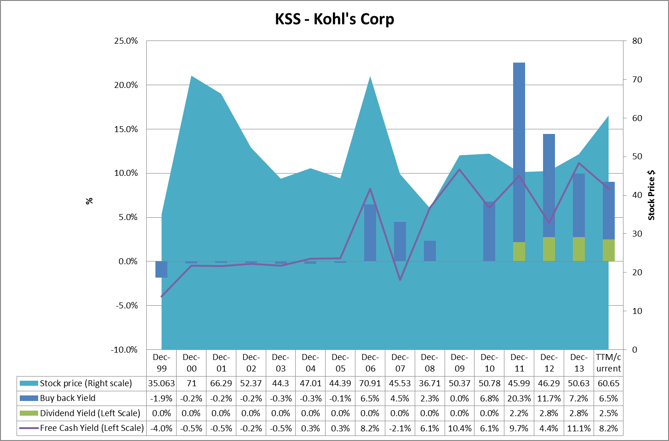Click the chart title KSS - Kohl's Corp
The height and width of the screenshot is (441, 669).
point(334,19)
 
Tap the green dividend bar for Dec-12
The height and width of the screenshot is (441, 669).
point(549,249)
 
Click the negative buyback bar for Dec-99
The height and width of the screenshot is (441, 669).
point(161,269)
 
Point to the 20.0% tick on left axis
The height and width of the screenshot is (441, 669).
point(126,85)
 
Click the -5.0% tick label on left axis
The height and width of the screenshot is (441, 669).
point(126,306)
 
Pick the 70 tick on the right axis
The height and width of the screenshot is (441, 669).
point(637,80)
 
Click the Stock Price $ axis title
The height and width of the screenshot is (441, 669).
point(651,195)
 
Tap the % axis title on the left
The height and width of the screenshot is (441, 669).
point(89,201)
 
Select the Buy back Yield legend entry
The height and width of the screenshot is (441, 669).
point(68,398)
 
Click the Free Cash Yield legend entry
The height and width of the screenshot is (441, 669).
point(91,428)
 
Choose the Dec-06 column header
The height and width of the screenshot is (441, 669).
point(370,363)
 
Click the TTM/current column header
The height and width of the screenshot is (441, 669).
point(608,363)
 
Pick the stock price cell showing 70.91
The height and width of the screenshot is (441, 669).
point(370,383)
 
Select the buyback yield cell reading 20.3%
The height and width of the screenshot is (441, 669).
point(519,399)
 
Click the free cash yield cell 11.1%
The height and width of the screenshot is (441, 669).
point(578,429)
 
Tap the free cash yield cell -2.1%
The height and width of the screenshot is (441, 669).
point(400,429)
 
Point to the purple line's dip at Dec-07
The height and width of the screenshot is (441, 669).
point(400,279)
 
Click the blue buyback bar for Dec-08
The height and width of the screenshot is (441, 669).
point(430,251)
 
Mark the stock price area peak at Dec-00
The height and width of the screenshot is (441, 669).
point(191,76)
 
